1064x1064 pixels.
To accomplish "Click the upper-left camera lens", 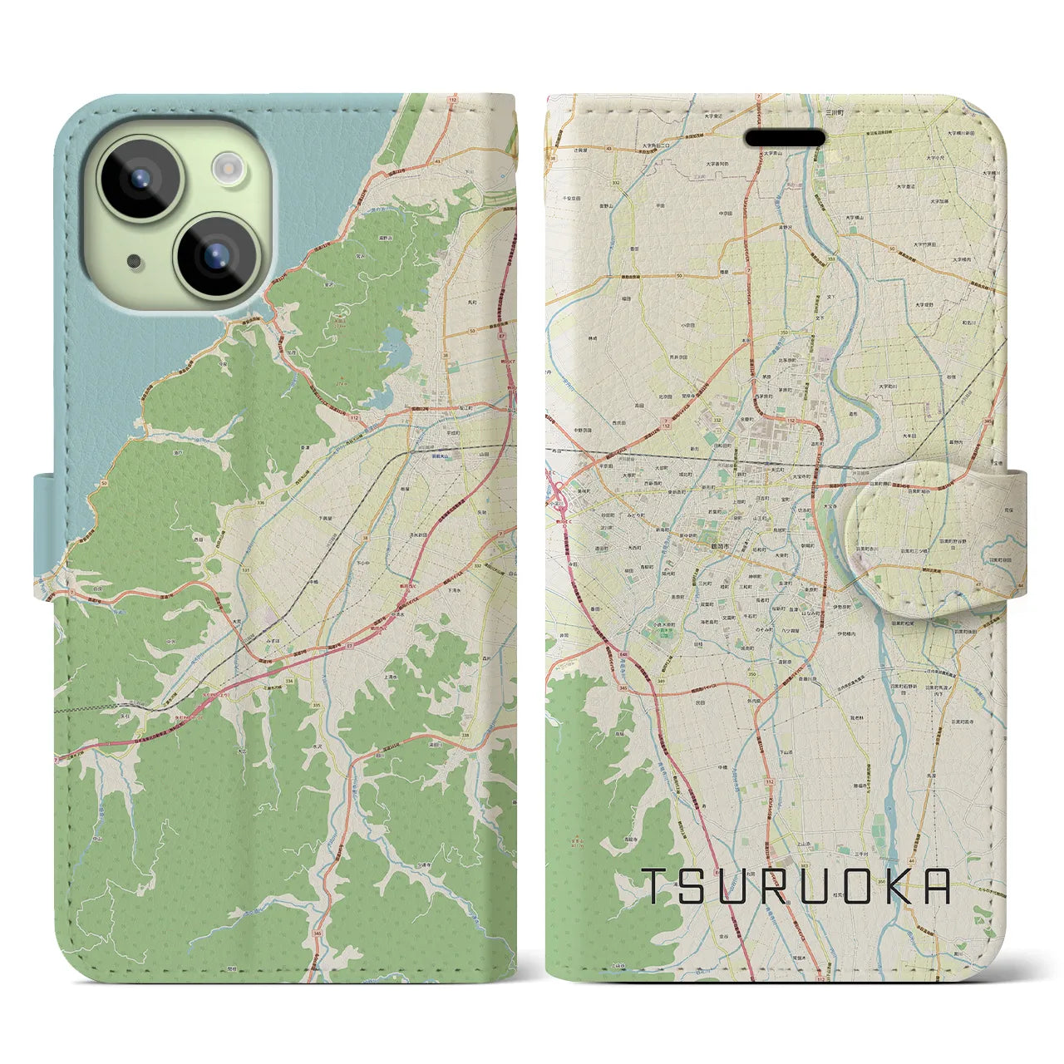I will tap(140, 179).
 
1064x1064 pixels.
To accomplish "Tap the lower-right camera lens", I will tap(215, 252).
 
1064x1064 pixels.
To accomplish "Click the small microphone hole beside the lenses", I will tap(134, 261).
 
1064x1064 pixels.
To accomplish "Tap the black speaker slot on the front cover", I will tap(785, 138).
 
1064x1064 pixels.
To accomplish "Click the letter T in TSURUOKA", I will tap(655, 886).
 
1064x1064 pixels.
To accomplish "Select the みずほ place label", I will tap(273, 641).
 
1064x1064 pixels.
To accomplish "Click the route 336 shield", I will tap(239, 503).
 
